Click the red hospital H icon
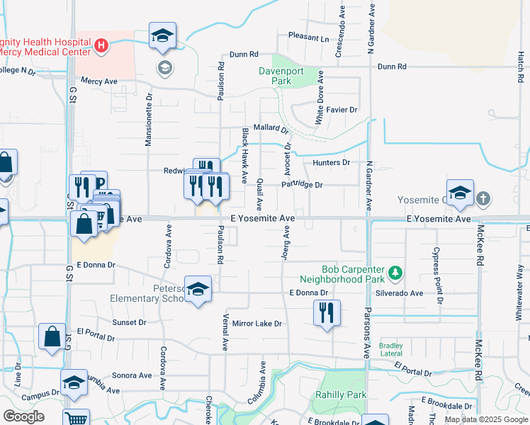[x=101, y=46]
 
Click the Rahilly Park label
[x=342, y=395]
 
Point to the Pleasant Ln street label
[x=309, y=36]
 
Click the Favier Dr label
[x=342, y=110]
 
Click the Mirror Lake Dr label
[x=256, y=323]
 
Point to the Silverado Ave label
[x=400, y=293]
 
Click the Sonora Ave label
[x=131, y=375]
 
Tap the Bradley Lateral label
[x=391, y=350]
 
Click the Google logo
[x=23, y=416]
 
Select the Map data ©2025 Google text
[x=485, y=419]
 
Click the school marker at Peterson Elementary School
[x=199, y=289]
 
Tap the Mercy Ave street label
[x=98, y=81]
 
